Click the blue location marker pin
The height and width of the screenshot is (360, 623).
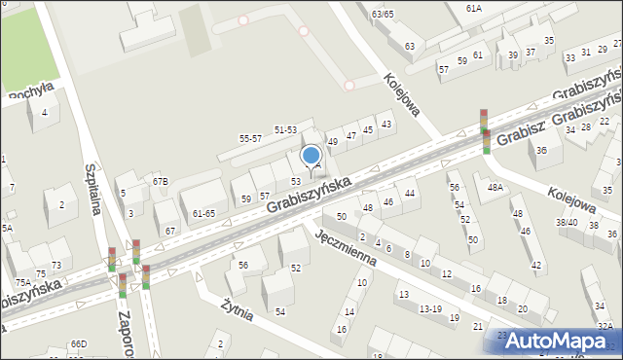point(311,156)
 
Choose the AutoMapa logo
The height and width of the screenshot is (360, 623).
point(562,341)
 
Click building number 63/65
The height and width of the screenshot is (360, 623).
point(382,14)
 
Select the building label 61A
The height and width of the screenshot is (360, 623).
point(473,8)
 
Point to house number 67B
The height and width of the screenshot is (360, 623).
point(160,181)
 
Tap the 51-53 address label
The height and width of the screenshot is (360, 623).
point(285,129)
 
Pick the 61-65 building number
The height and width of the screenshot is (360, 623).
point(203,212)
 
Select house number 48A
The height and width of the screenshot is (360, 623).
point(496,187)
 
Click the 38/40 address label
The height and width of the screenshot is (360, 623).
point(567,222)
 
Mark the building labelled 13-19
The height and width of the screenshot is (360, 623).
point(430,308)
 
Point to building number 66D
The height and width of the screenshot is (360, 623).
point(78,343)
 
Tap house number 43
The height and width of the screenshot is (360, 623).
point(386,124)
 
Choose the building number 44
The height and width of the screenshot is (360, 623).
point(410,194)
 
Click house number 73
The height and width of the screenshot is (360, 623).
point(56,265)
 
